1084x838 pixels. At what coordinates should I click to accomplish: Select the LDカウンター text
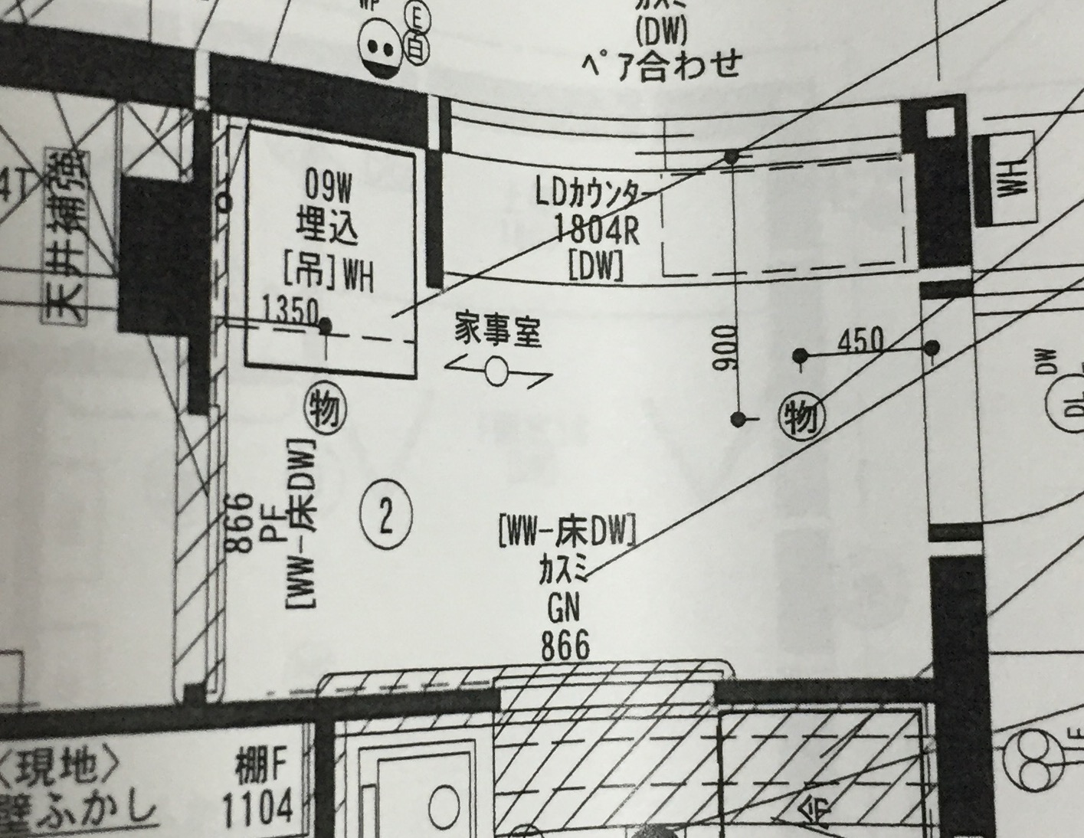[x=595, y=196]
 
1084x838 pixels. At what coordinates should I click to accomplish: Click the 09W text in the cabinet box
[x=328, y=185]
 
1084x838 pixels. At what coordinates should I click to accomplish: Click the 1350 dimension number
[x=289, y=309]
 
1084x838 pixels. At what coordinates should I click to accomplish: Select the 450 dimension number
[x=860, y=340]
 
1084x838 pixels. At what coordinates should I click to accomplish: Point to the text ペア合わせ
[x=660, y=64]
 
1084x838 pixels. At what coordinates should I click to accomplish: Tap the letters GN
[x=564, y=610]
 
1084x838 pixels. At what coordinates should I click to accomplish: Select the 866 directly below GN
[x=566, y=647]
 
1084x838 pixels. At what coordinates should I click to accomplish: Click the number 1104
[x=258, y=807]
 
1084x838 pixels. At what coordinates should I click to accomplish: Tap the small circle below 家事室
[x=497, y=372]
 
